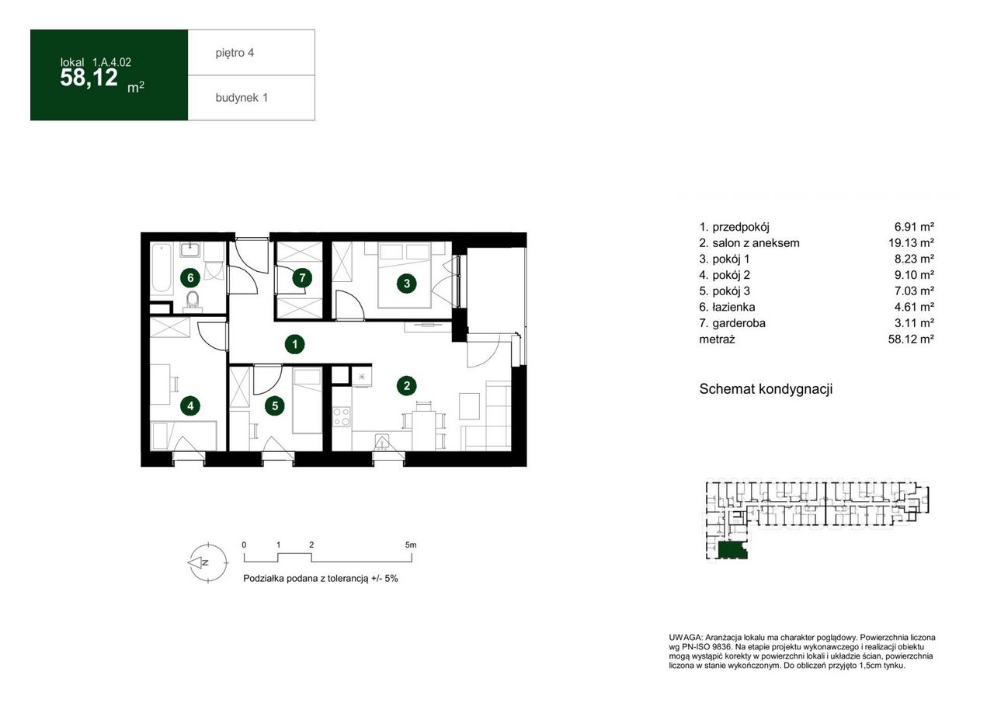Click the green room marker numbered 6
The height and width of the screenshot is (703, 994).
(190, 278)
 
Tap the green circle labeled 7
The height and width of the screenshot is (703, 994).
(302, 278)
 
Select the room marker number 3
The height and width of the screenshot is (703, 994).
(407, 283)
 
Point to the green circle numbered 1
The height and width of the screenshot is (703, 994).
(294, 344)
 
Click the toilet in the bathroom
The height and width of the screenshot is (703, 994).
(193, 300)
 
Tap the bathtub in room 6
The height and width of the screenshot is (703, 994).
(162, 268)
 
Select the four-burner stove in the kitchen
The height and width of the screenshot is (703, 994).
(342, 416)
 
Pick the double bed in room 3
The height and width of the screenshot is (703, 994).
(405, 275)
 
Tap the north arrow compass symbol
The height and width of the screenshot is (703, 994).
(207, 562)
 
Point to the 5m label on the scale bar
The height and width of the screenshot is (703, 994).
(411, 545)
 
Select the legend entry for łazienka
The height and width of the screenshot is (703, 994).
(727, 307)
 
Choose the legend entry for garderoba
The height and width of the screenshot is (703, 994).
(732, 322)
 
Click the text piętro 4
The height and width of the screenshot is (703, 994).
(235, 53)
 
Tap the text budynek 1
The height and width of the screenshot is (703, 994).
(242, 98)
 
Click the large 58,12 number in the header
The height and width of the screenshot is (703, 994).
(89, 78)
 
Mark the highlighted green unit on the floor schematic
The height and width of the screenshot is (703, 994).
(732, 549)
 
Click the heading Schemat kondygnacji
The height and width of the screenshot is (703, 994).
(766, 388)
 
